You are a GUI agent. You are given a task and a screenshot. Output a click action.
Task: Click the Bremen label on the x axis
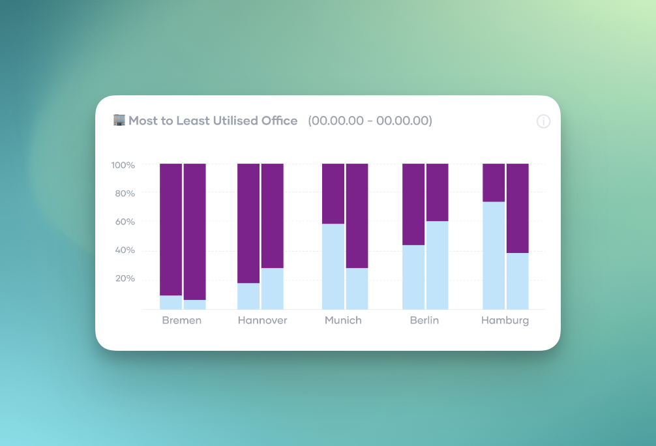[x=182, y=320]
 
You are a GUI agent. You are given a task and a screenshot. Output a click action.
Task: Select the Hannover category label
[x=262, y=320]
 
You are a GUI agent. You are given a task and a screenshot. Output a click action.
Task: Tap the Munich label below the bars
[x=343, y=320]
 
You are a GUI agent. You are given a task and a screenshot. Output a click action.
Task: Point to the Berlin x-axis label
[x=425, y=320]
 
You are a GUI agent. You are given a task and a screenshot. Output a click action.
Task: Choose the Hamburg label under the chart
[x=505, y=320]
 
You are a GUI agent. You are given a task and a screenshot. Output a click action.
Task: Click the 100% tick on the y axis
[x=123, y=165]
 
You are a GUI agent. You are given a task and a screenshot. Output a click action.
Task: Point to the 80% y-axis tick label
[x=125, y=194]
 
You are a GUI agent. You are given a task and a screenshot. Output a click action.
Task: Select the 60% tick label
[x=125, y=222]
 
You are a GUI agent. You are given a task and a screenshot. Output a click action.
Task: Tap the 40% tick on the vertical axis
[x=125, y=250]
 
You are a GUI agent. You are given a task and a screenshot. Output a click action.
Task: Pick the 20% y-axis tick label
[x=125, y=278]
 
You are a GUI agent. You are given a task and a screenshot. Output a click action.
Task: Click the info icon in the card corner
[x=543, y=121]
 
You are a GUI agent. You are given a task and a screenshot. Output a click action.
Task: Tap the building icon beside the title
[x=119, y=120]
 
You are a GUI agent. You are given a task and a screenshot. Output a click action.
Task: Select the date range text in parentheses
[x=370, y=121]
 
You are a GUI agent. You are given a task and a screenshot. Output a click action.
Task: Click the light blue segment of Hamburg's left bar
[x=494, y=255]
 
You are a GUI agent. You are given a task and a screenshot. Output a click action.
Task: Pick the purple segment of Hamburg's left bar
[x=494, y=183]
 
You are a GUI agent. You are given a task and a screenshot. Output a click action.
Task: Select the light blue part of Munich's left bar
[x=333, y=266]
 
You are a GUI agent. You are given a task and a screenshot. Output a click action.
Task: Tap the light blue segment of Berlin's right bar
[x=438, y=265]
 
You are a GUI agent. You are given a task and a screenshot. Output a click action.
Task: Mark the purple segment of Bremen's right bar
[x=194, y=231]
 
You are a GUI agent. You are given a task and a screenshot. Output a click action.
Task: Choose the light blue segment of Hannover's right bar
[x=272, y=288]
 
